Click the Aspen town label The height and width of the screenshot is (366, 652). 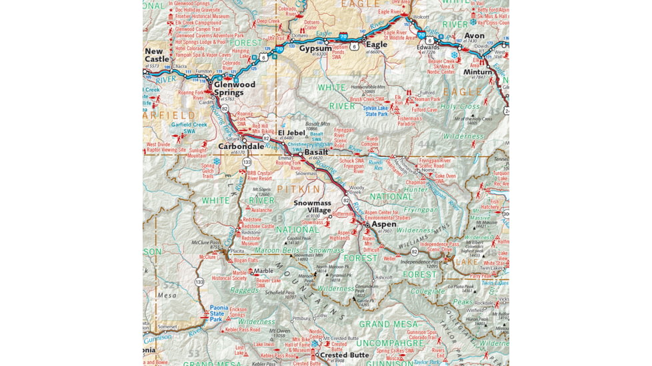[x=383, y=224]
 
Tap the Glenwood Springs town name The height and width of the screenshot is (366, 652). [x=234, y=89]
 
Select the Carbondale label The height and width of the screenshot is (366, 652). [x=241, y=146]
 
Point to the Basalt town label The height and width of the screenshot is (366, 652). [x=316, y=152]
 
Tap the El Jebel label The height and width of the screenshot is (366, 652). [x=292, y=132]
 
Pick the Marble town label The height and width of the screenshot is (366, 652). [x=263, y=271]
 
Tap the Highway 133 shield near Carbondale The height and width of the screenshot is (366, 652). [x=247, y=162]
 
